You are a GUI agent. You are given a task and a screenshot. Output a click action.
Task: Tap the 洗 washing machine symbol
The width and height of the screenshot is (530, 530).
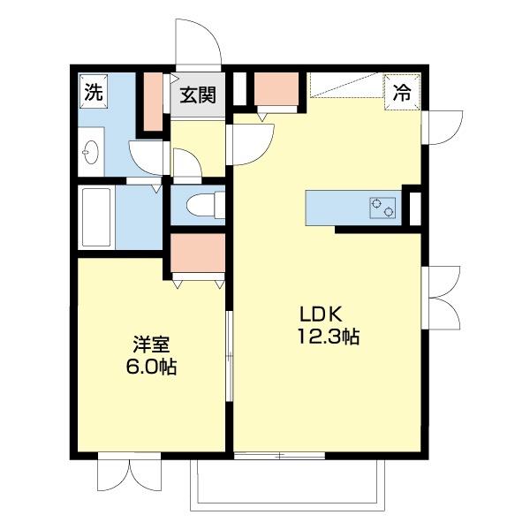pos(93,90)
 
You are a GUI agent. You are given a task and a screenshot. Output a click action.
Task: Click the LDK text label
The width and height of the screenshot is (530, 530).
pos(314,314)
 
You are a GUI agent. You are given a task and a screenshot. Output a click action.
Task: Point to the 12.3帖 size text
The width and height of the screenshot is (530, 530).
pos(329,337)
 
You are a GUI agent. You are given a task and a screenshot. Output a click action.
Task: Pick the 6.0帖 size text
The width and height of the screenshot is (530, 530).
pos(151,367)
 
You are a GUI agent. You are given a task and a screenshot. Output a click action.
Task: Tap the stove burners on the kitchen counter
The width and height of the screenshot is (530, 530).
pos(383,209)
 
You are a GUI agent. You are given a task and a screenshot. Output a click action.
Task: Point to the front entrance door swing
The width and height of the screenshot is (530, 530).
pos(197,41)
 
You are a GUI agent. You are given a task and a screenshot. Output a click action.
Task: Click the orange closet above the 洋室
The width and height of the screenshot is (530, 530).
pos(197,254)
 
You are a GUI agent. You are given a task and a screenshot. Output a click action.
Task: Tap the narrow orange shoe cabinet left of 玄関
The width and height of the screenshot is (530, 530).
pos(153,102)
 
